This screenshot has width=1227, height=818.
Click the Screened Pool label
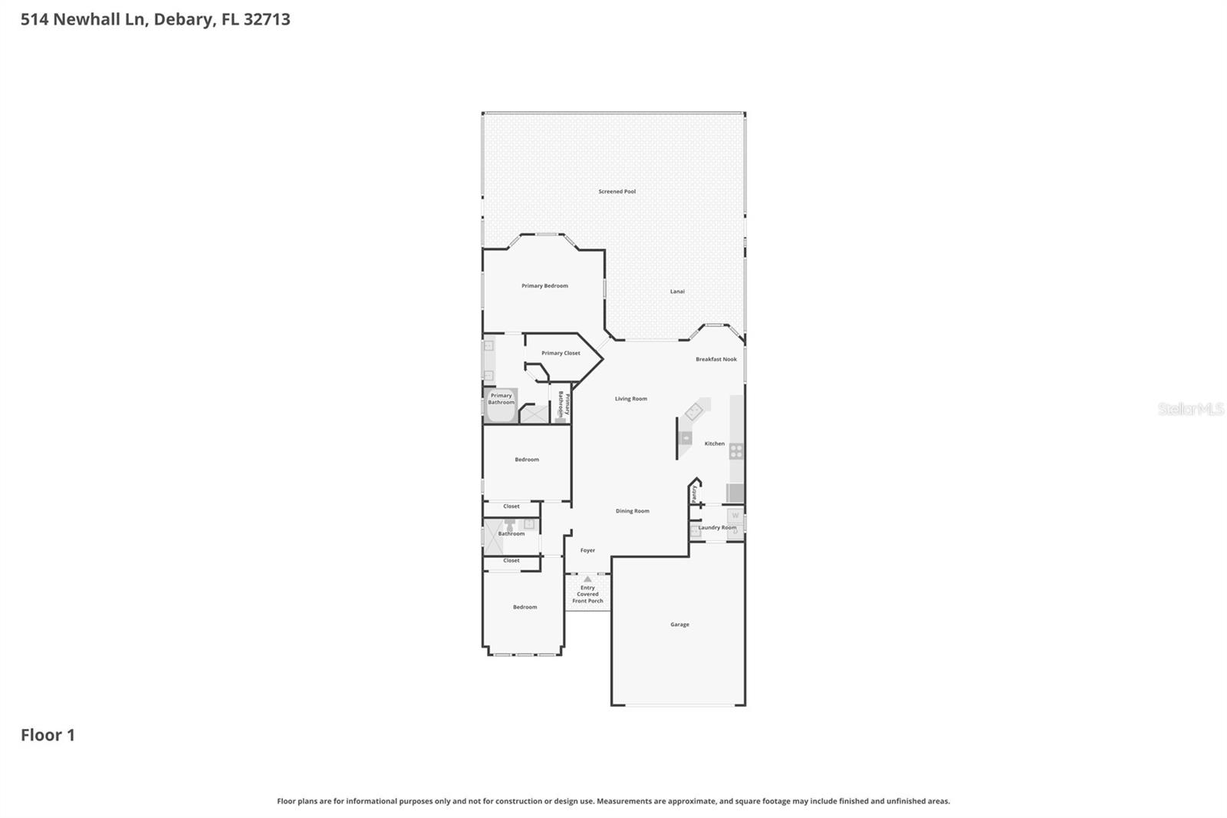(617, 191)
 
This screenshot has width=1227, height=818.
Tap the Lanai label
(677, 292)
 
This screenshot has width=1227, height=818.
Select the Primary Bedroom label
(544, 285)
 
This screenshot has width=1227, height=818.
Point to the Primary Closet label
(561, 353)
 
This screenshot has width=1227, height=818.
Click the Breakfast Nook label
(715, 359)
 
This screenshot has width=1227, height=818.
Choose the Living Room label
(630, 399)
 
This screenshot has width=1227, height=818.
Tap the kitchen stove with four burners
(735, 451)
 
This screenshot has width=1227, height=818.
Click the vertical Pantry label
(694, 493)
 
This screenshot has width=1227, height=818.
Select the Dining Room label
(632, 511)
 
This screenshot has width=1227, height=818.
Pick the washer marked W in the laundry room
(735, 516)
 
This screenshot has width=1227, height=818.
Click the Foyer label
(587, 550)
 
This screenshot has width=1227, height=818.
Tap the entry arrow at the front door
(587, 579)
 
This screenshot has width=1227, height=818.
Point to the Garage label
(679, 625)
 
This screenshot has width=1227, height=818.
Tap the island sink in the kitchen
(686, 439)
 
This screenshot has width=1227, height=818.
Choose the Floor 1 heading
(48, 735)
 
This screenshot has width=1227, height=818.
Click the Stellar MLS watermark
(1190, 409)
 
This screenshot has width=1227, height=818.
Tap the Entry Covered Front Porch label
(587, 595)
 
